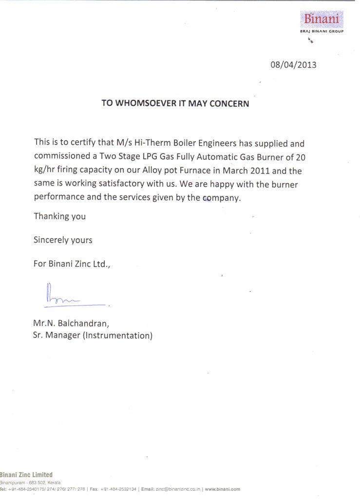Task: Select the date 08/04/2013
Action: point(293,64)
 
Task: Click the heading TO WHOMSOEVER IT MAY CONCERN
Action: point(175,103)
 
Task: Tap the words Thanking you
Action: point(59,216)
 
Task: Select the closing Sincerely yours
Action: point(63,240)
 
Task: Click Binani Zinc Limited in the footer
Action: point(26,475)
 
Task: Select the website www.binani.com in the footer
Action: point(223,489)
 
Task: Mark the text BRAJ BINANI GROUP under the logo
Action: point(322,31)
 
